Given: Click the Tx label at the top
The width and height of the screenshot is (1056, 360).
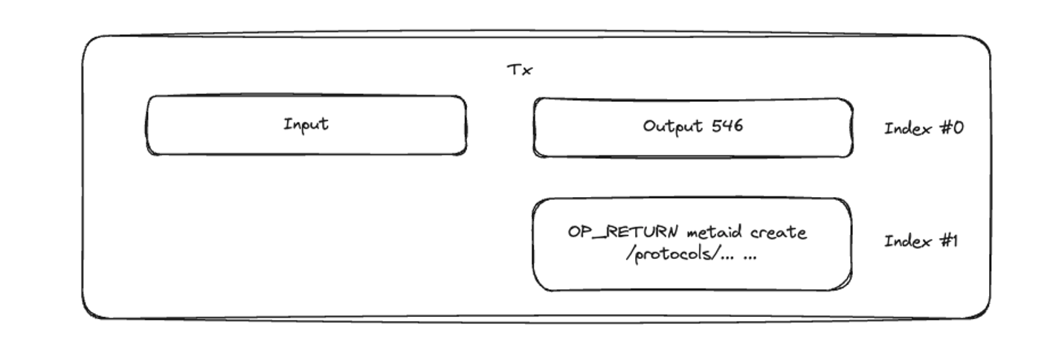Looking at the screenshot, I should point(520,70).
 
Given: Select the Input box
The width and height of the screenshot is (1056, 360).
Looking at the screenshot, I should point(306,125).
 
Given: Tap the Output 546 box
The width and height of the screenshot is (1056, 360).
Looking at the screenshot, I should point(692,126).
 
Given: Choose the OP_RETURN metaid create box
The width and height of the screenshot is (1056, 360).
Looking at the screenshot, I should point(692,244).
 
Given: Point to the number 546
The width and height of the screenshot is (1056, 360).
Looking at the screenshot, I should point(727,126).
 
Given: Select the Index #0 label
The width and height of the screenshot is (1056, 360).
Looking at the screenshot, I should point(923,128).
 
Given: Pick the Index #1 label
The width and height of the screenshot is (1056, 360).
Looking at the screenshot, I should point(921,241).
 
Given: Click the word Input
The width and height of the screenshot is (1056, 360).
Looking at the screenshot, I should point(306,124).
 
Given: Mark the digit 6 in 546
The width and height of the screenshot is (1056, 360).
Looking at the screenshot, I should point(737,126).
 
